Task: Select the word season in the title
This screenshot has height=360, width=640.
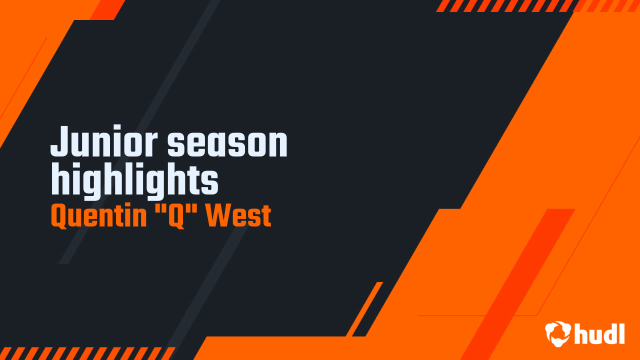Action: [227, 143]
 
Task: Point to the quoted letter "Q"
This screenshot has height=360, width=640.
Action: [176, 216]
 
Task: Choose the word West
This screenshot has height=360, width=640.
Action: [239, 216]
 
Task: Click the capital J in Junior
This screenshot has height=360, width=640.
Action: [59, 142]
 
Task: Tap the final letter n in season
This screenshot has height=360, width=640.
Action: [278, 145]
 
